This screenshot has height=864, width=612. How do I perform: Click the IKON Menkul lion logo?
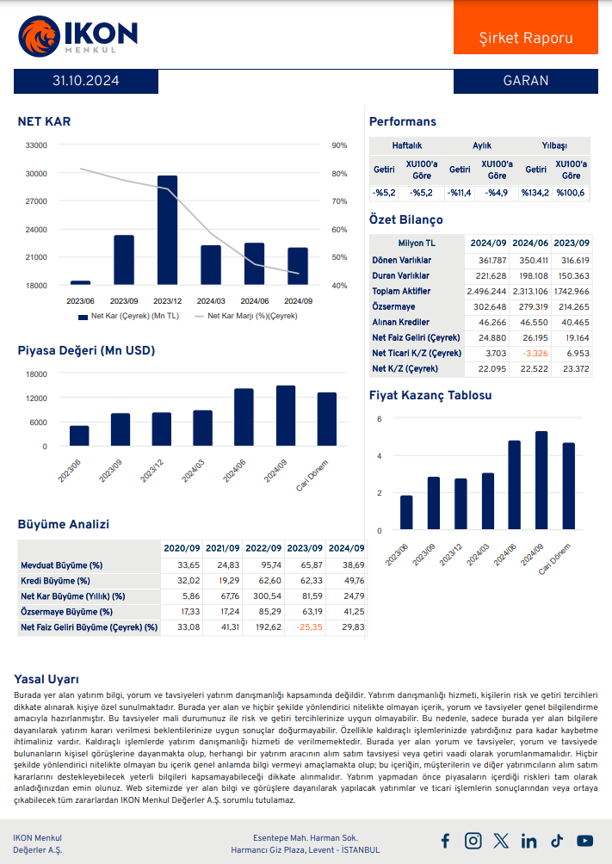point(38,37)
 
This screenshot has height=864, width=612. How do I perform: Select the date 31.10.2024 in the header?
point(85,81)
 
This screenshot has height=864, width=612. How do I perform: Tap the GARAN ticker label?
point(525,81)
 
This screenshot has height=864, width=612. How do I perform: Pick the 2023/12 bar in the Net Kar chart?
point(167,230)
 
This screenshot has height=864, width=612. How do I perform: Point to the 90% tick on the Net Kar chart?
point(338,145)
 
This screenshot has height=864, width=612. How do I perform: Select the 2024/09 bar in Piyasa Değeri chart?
point(285,416)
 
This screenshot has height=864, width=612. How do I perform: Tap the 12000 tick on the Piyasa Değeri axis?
point(36,398)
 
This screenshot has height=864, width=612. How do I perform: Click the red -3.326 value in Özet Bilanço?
point(530,353)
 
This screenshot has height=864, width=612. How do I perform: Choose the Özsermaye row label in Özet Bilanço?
point(393,306)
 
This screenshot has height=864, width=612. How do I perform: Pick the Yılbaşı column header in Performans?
point(553,145)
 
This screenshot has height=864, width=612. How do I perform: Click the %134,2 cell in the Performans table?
point(535,192)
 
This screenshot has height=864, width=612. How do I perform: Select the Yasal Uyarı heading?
point(46,679)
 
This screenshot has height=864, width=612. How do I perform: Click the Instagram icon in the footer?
point(473,841)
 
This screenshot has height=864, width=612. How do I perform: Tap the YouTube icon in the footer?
point(584,841)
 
